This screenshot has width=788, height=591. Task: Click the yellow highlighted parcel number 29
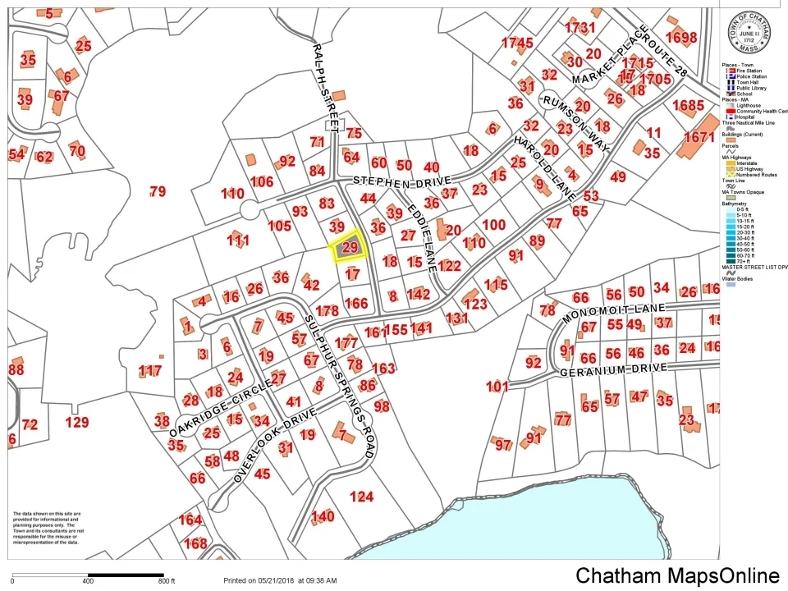pyautogui.click(x=350, y=247)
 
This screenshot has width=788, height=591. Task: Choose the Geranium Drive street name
pyautogui.click(x=615, y=371)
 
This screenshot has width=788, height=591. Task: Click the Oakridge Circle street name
pyautogui.click(x=208, y=410)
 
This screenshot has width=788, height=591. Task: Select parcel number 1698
pyautogui.click(x=680, y=38)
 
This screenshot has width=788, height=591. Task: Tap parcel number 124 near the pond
pyautogui.click(x=361, y=497)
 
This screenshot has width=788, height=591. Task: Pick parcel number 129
pyautogui.click(x=76, y=423)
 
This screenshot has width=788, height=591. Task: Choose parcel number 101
pyautogui.click(x=497, y=386)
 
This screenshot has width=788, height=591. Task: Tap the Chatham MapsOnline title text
pyautogui.click(x=677, y=575)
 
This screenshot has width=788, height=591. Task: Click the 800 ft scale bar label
pyautogui.click(x=167, y=581)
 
